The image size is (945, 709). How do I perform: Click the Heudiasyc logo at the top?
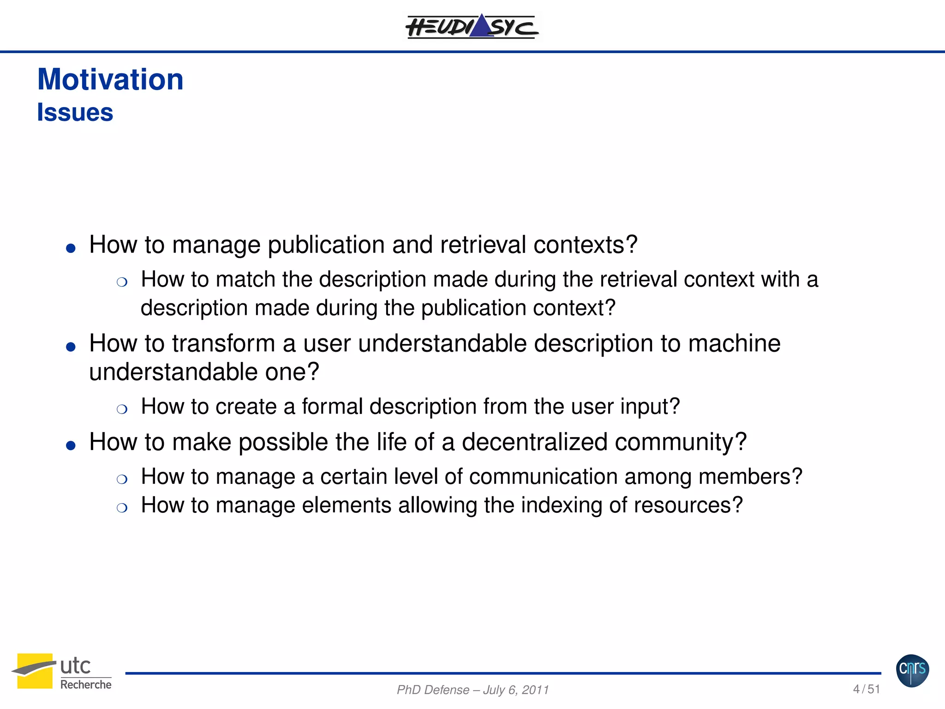tap(472, 26)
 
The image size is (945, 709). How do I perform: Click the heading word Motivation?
tap(110, 79)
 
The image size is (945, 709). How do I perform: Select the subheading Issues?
tap(75, 113)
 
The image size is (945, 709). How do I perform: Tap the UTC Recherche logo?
tap(62, 672)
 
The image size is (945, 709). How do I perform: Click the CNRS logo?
tap(912, 670)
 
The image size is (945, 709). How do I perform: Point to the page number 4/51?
tap(866, 689)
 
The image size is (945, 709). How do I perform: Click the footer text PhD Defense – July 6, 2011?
tap(472, 690)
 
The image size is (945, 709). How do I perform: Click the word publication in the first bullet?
tap(326, 245)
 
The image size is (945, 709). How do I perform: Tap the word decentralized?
tap(534, 442)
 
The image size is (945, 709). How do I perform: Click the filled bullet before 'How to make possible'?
tap(71, 445)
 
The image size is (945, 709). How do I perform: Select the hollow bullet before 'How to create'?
tap(122, 409)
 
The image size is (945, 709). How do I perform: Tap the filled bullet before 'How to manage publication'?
tap(71, 248)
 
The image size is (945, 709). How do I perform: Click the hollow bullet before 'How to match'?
tap(122, 282)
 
